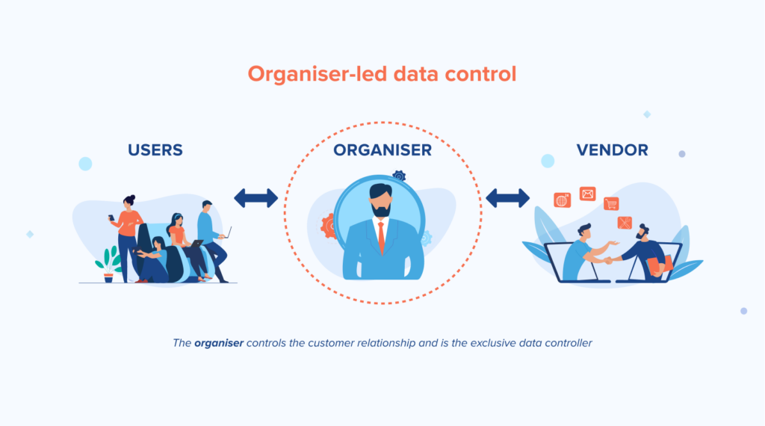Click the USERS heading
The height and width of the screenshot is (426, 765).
[x=155, y=149]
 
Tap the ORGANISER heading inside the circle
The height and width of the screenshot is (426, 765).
[x=382, y=149]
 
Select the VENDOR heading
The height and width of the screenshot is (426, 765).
[x=613, y=149]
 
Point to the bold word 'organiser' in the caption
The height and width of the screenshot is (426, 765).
[x=219, y=343]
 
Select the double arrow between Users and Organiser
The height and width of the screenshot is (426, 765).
[x=256, y=198]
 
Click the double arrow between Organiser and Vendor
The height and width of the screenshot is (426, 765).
[x=508, y=198]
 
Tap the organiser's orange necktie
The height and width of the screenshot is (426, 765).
[x=381, y=237]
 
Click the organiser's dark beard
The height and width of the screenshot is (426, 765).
[x=380, y=210]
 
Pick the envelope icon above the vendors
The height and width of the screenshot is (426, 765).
[x=587, y=194]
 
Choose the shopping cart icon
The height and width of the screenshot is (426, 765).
[x=611, y=203]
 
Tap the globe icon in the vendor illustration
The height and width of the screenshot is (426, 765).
[x=562, y=200]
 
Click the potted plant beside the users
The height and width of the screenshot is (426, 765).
[x=109, y=265]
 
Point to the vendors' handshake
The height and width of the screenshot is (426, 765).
[x=609, y=260]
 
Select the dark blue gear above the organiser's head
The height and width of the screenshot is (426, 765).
[x=399, y=176]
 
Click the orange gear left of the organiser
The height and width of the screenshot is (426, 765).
[x=329, y=226]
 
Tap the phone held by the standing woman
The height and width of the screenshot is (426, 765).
[x=111, y=217]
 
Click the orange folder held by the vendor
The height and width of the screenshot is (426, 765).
[x=660, y=265]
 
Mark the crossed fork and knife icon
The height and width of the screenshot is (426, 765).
[x=625, y=223]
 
